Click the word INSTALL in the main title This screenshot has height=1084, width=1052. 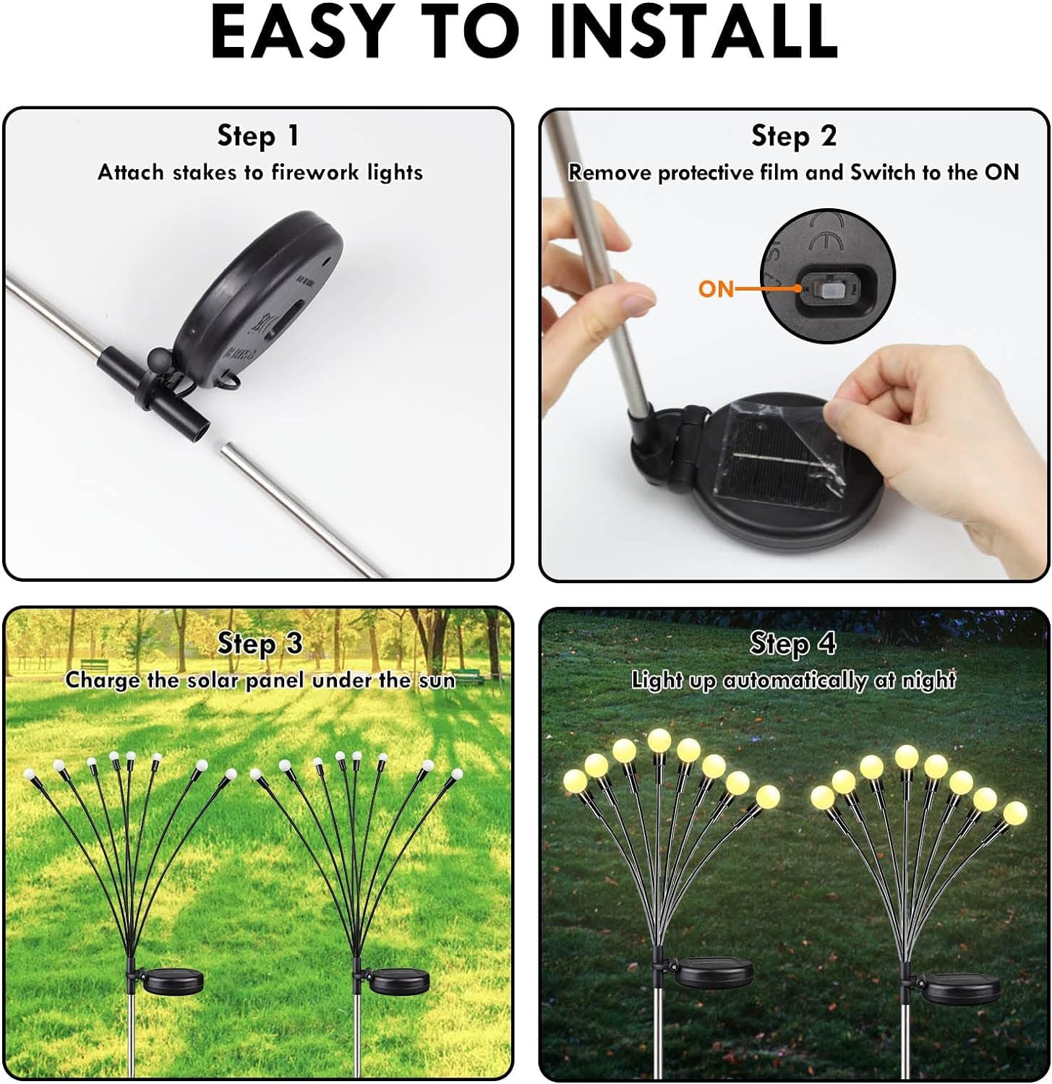693,33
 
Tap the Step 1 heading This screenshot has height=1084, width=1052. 258,136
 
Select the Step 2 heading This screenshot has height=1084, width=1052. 794,136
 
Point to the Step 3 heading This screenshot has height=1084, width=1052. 260,644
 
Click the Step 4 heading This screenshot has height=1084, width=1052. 792,643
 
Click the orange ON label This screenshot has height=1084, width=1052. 716,289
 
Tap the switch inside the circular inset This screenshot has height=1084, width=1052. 827,290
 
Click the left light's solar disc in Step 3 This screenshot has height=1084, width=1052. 174,980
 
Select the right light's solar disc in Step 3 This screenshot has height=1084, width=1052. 399,980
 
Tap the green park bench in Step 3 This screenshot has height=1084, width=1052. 95,667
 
